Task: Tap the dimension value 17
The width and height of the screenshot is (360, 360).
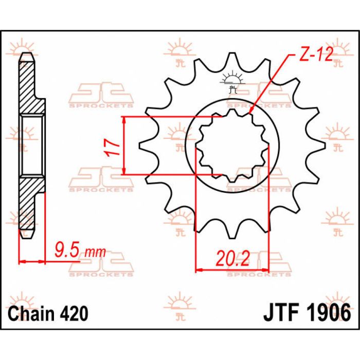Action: (x=115, y=147)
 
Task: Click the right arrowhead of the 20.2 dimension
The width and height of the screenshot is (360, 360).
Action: (x=265, y=268)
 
